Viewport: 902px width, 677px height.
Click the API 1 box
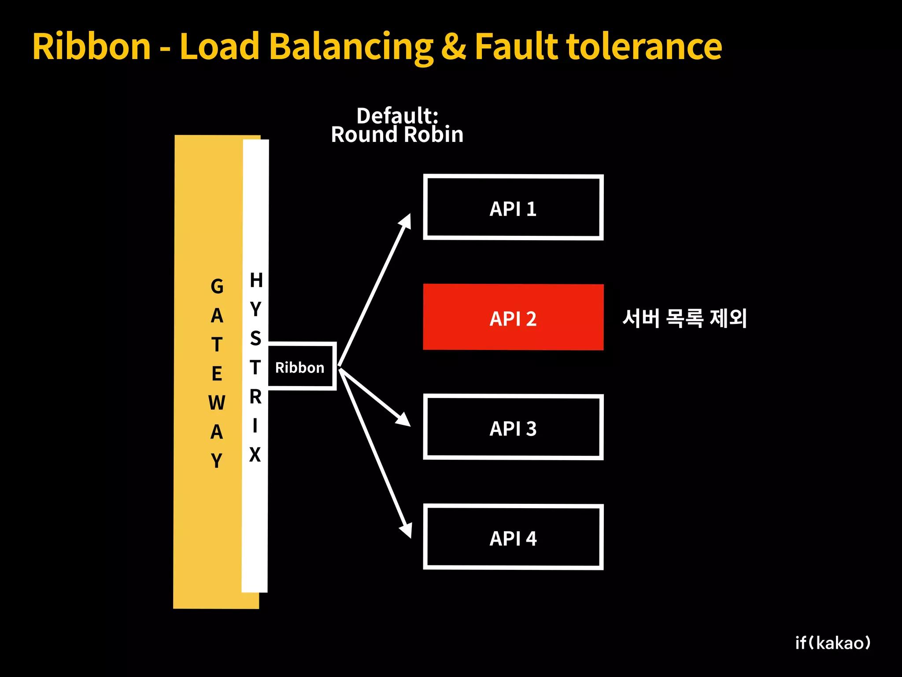513,208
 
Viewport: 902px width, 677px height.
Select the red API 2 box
513,317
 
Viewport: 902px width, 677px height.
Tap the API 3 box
513,428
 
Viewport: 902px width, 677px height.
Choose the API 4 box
513,537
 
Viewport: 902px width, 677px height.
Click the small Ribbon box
301,367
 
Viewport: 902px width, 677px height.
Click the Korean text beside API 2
684,318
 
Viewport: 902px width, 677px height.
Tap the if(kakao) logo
832,643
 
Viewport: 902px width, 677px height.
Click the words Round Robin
397,135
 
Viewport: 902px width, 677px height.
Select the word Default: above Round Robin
397,115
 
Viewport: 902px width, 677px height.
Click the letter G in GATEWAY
217,286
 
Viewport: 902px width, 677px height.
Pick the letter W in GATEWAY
217,403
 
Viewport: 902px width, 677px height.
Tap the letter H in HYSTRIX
256,280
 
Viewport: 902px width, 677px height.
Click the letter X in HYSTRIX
255,454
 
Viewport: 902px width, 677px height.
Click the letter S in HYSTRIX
255,338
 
